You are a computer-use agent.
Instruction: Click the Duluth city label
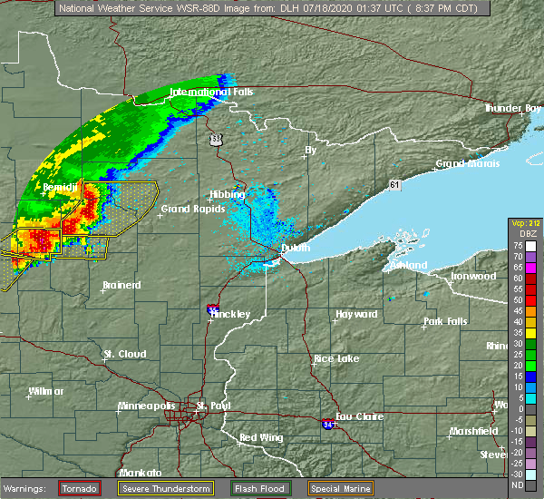coord(296,248)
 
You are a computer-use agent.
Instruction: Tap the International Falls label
coord(212,93)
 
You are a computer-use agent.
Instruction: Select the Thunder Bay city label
coord(513,108)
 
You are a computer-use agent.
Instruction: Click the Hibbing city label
coord(227,194)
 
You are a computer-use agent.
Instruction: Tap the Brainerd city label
coord(121,285)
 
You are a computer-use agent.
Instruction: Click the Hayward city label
coord(356,314)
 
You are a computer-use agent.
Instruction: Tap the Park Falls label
coord(445,322)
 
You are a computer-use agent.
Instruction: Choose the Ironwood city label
coord(474,276)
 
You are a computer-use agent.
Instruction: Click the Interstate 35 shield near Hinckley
coord(212,309)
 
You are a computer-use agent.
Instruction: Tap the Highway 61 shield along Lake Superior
coord(394,184)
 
